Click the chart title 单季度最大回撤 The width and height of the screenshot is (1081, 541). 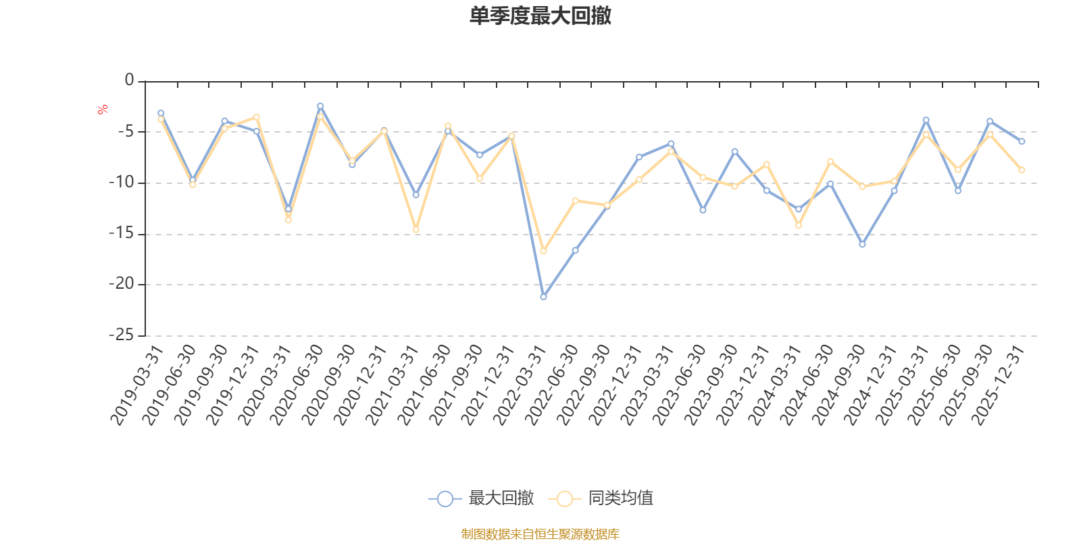[x=540, y=16]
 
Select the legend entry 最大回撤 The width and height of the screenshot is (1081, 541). [x=481, y=498]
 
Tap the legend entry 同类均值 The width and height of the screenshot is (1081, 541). [x=601, y=498]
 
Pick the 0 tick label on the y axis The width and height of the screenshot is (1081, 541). [x=129, y=80]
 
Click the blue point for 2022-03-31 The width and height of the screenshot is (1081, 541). [x=543, y=297]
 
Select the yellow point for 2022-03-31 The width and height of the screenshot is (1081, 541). [x=543, y=252]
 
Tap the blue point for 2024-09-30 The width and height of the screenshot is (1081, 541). [x=862, y=244]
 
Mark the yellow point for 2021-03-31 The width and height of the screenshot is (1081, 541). [x=416, y=230]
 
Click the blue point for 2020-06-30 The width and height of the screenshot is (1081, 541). [x=320, y=105]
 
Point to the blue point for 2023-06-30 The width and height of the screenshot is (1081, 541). [x=703, y=210]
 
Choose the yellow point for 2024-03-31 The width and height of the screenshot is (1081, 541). [x=799, y=225]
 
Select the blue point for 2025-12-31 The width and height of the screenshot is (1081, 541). [x=1022, y=141]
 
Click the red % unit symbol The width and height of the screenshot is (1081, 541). [x=103, y=110]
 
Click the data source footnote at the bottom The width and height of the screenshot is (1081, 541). [x=540, y=534]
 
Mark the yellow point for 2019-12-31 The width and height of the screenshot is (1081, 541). [x=257, y=117]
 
